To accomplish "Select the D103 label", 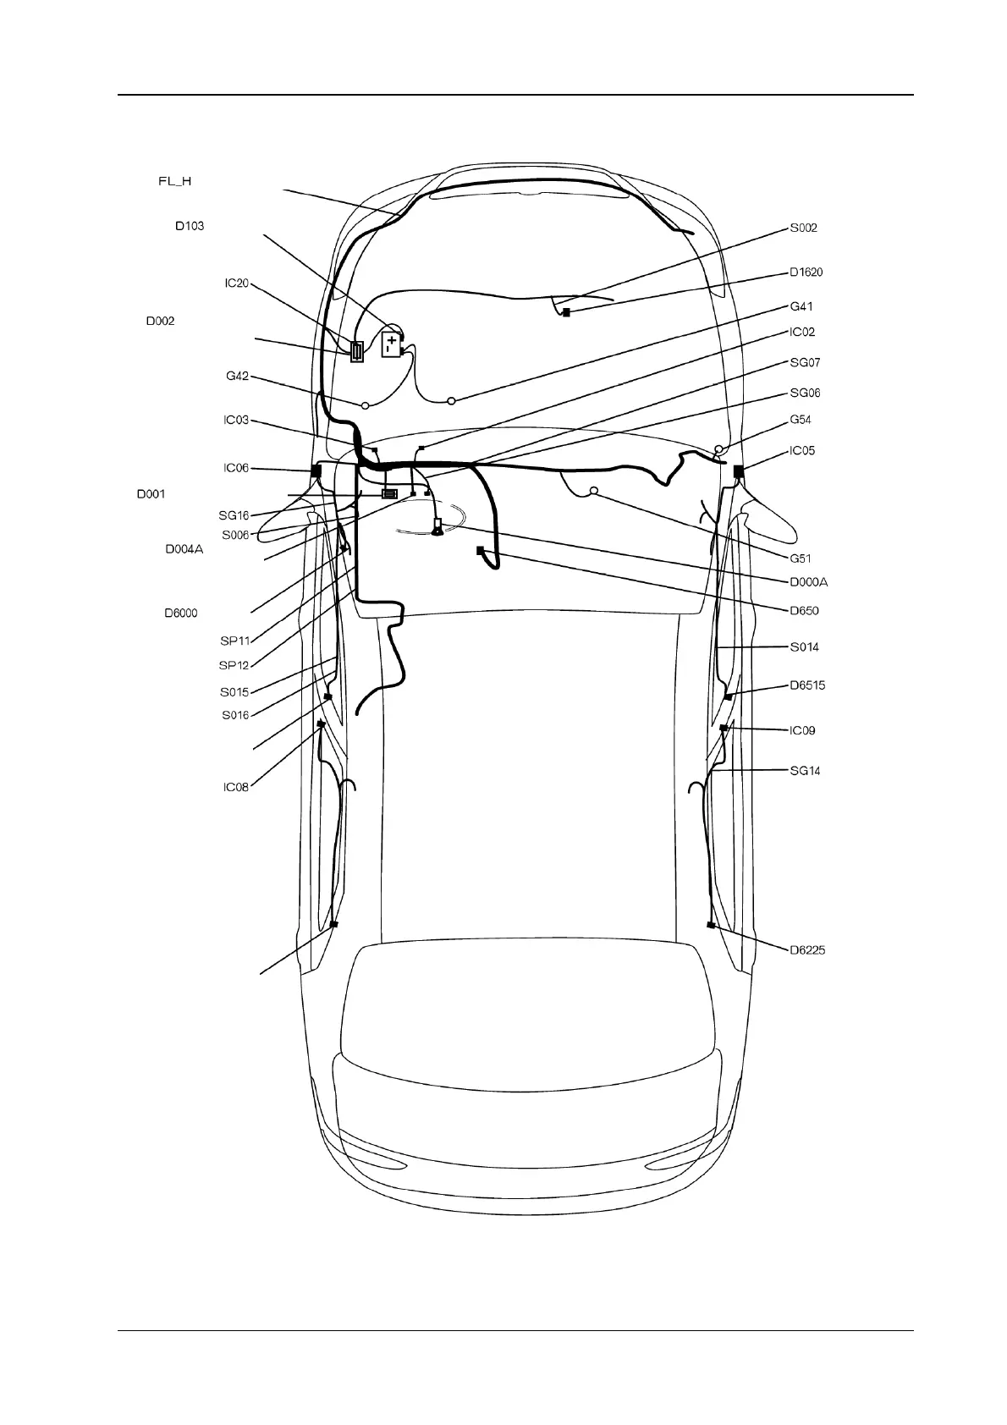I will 190,226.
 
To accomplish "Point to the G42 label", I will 237,376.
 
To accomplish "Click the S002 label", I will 803,228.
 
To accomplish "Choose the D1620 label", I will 806,272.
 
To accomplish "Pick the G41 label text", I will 801,306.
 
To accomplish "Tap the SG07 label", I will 805,362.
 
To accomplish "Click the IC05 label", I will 802,450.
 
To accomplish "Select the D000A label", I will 808,581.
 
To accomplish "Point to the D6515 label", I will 807,685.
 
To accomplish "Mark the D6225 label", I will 807,949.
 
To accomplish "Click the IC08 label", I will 236,787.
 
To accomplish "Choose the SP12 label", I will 234,665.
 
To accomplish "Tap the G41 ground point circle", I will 451,400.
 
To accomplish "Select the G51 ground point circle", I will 594,491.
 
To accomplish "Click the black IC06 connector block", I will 317,470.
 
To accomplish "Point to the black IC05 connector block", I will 738,470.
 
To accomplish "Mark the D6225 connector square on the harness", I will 711,926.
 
